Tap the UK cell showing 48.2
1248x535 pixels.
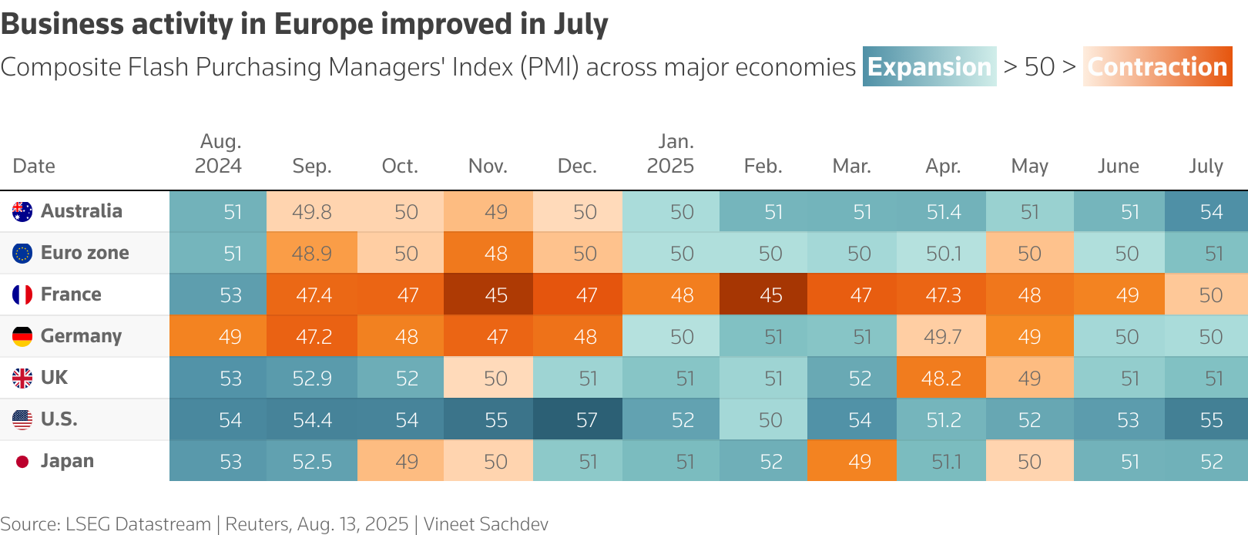pyautogui.click(x=941, y=379)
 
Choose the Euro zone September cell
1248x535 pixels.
pyautogui.click(x=312, y=254)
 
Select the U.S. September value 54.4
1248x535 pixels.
pyautogui.click(x=312, y=420)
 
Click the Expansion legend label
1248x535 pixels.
pyautogui.click(x=929, y=67)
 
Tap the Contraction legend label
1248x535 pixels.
pyautogui.click(x=1157, y=67)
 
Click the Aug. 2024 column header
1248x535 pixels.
pyautogui.click(x=219, y=153)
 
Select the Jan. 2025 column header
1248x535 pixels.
pyautogui.click(x=671, y=153)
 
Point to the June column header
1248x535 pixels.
pyautogui.click(x=1118, y=166)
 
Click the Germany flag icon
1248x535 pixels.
pyautogui.click(x=22, y=336)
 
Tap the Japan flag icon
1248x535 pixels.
pyautogui.click(x=22, y=461)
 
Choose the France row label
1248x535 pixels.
pyautogui.click(x=71, y=294)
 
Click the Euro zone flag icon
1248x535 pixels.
pyautogui.click(x=22, y=253)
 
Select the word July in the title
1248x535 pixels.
pyautogui.click(x=581, y=25)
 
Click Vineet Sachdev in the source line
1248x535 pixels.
pyautogui.click(x=486, y=524)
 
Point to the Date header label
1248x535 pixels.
pyautogui.click(x=34, y=166)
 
